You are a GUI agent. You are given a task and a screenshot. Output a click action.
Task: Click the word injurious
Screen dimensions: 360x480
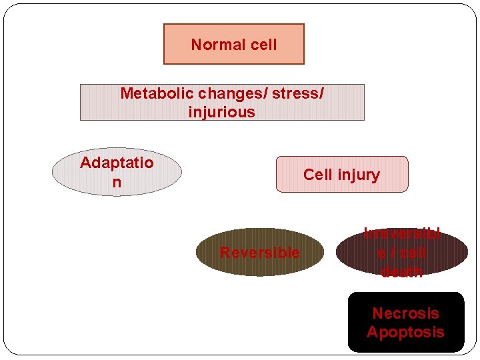coord(221,112)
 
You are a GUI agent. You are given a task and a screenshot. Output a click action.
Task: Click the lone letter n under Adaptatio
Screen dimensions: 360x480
coord(117,182)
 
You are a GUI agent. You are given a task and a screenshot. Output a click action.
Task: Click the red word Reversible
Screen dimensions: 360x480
coord(259,253)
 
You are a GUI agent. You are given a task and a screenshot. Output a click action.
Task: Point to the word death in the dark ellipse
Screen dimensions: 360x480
coord(401,271)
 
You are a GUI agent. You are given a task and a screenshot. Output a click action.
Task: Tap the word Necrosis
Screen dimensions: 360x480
coord(405,313)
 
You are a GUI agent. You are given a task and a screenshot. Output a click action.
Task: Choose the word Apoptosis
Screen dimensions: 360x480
coord(405,332)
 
